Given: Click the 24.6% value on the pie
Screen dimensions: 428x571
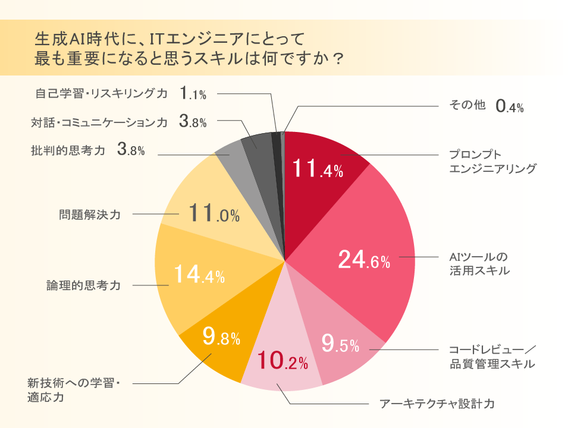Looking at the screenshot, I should point(364,260).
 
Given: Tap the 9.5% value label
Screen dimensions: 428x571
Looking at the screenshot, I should point(340,343).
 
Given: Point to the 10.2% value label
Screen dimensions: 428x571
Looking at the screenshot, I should point(282,360).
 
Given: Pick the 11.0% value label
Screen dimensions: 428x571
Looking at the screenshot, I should point(214,213).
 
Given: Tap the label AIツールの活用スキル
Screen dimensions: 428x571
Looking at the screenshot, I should point(479,264).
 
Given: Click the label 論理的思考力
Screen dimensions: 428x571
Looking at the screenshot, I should point(83,285).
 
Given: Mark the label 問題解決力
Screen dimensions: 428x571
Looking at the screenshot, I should point(90,214).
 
